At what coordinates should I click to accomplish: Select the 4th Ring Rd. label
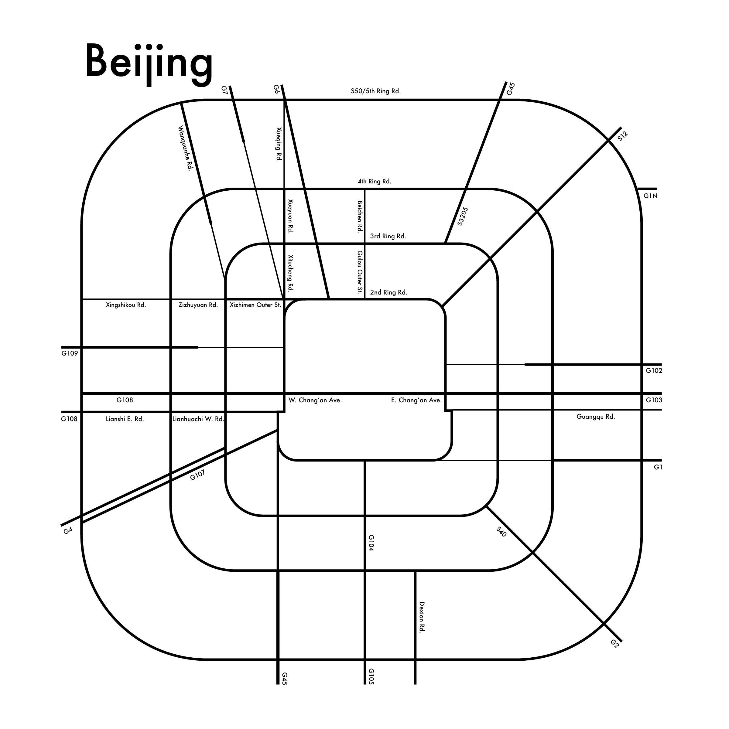click(x=374, y=182)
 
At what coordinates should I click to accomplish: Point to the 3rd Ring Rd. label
click(x=388, y=237)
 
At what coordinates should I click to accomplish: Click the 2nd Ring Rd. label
click(x=388, y=292)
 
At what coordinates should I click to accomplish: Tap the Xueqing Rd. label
click(x=279, y=145)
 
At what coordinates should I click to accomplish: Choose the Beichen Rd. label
click(x=360, y=216)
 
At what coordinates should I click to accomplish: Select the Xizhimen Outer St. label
click(x=255, y=305)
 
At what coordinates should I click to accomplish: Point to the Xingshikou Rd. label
click(x=126, y=305)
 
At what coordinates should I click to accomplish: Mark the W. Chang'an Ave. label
click(x=315, y=400)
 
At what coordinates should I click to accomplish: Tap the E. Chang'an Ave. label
click(x=416, y=400)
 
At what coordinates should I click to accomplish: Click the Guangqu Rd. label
click(x=595, y=417)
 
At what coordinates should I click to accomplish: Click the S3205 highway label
click(x=463, y=216)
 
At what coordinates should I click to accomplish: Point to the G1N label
click(x=650, y=196)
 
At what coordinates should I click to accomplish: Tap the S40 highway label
click(x=501, y=532)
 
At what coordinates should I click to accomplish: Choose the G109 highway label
click(x=70, y=353)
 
